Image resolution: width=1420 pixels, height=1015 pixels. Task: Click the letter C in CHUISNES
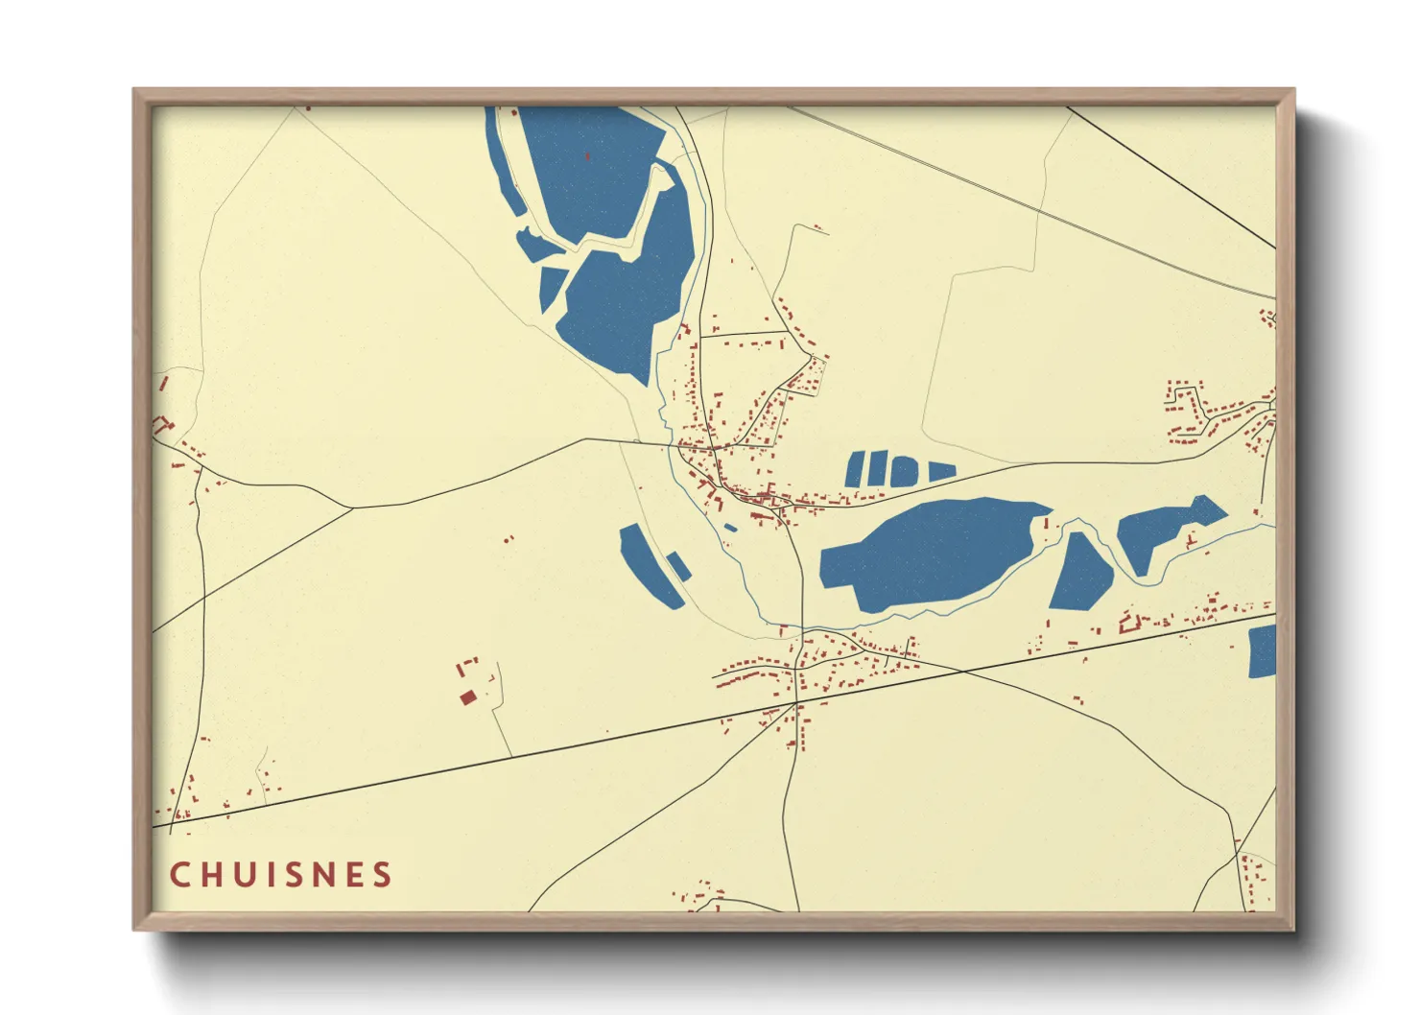tap(179, 875)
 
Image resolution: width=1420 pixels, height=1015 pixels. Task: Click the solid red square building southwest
tap(467, 697)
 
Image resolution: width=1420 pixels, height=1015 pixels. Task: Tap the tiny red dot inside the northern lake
tap(586, 155)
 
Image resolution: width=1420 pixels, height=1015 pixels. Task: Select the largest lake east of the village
tap(926, 552)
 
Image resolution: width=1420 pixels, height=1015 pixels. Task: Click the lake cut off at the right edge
tap(1263, 651)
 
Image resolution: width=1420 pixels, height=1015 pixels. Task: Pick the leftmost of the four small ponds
tap(855, 468)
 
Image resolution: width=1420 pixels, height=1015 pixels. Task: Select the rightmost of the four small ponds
tap(941, 471)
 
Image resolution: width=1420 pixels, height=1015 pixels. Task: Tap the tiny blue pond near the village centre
tap(731, 527)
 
